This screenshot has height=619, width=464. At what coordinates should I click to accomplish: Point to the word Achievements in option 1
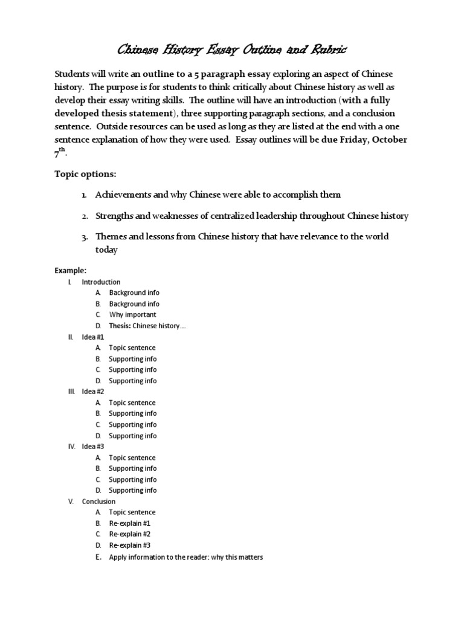(x=123, y=195)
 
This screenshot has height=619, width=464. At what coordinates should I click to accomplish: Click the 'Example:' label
(x=71, y=270)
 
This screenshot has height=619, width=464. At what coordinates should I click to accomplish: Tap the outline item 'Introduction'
(x=101, y=282)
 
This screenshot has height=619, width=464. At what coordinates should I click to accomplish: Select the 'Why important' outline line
(x=132, y=315)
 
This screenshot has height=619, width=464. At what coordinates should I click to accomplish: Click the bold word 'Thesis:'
(x=120, y=326)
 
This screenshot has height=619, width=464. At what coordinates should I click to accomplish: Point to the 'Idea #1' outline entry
(x=93, y=337)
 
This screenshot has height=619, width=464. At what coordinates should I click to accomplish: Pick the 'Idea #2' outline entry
(x=93, y=392)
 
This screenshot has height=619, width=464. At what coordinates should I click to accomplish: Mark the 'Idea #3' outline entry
(x=93, y=447)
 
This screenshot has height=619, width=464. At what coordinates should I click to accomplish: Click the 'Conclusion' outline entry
(x=98, y=502)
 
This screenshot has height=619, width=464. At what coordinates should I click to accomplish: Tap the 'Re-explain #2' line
(x=129, y=534)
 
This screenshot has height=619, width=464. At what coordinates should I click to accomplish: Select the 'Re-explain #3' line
(x=129, y=545)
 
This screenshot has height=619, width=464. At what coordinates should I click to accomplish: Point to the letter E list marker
(x=98, y=557)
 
